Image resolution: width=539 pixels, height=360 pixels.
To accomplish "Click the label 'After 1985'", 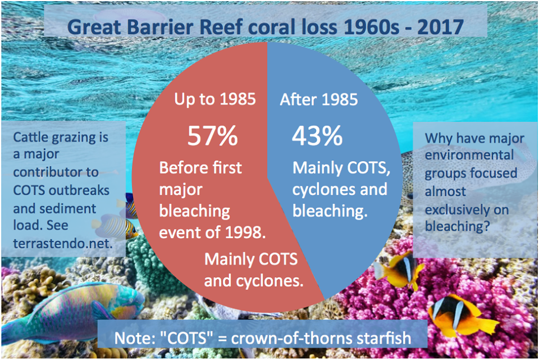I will [318, 100].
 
